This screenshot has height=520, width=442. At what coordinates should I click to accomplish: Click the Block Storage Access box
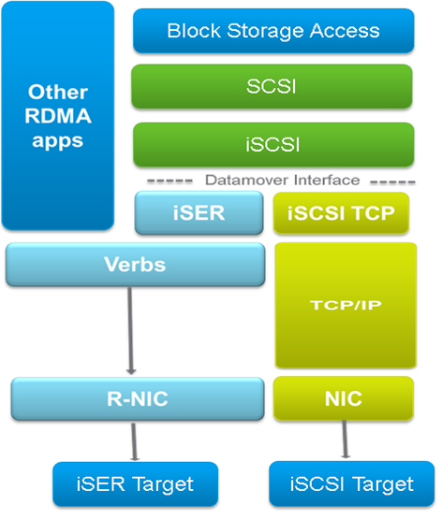(273, 31)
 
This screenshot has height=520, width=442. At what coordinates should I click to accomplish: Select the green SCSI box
(273, 87)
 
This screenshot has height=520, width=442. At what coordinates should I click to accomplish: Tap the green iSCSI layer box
(273, 145)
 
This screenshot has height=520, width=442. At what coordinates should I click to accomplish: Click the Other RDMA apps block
(57, 117)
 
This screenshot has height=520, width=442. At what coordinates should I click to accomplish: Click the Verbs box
(135, 265)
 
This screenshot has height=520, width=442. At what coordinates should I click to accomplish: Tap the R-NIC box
(135, 398)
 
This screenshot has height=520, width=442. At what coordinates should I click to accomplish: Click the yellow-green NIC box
(345, 398)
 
